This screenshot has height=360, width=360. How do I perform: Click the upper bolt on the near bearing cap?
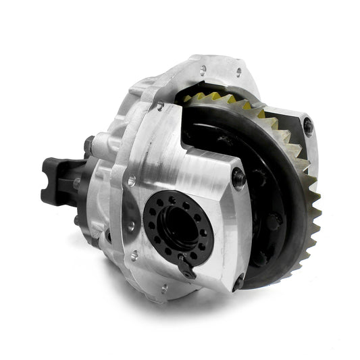tap(238, 177)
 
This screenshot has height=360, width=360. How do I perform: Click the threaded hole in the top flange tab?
tap(203, 68)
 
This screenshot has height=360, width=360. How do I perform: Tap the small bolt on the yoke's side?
tap(76, 182)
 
